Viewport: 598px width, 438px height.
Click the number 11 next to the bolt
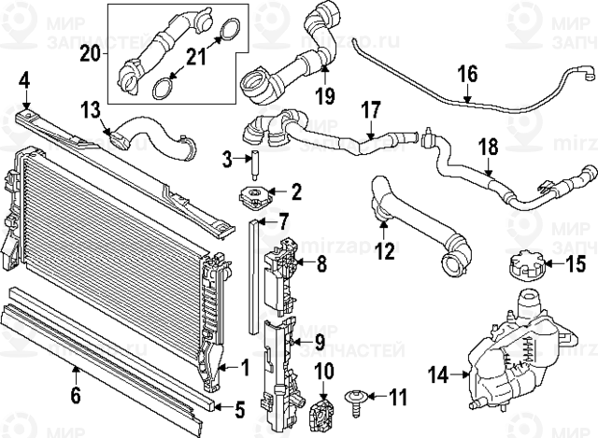pos(398,399)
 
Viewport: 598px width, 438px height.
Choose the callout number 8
pos(320,264)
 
